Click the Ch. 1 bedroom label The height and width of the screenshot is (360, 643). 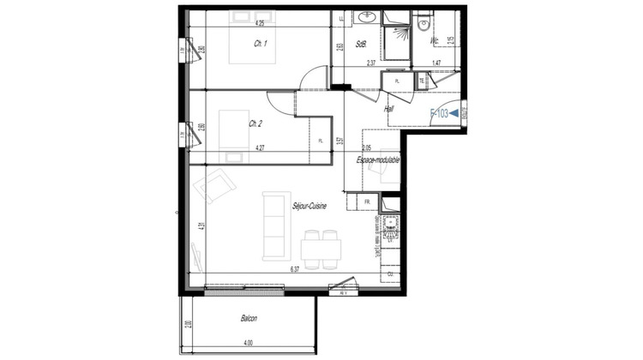click(x=260, y=45)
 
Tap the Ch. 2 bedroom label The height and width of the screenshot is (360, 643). click(x=255, y=124)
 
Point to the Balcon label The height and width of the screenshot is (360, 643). click(x=249, y=319)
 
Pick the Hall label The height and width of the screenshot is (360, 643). click(x=388, y=109)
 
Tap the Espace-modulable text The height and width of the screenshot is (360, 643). click(x=377, y=160)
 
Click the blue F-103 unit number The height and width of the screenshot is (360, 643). click(x=440, y=113)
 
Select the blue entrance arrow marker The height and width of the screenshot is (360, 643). click(x=454, y=113)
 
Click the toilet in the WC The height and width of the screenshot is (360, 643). click(x=423, y=24)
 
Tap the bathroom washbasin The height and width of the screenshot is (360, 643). click(x=369, y=17)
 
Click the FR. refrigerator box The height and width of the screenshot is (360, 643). click(x=366, y=203)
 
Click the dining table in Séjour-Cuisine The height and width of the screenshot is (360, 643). click(x=321, y=249)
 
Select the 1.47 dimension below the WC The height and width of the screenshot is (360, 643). click(x=436, y=63)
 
